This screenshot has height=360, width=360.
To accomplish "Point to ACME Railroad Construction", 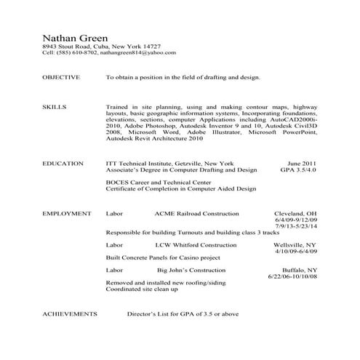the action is (x=196, y=215).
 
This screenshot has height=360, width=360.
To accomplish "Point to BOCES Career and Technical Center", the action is (x=158, y=183).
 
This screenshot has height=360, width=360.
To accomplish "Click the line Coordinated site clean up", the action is (x=142, y=289).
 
